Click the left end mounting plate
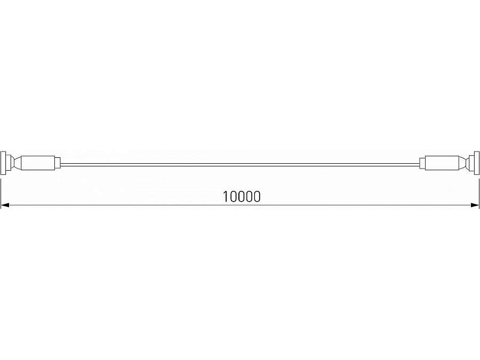4,162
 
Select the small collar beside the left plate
9,162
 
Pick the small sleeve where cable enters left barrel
58,162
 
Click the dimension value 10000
242,196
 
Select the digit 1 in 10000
226,196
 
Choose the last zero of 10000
257,196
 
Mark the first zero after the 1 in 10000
234,196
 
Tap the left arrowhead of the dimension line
4,205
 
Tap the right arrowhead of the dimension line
475,205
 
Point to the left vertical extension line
1,189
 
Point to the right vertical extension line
479,189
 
